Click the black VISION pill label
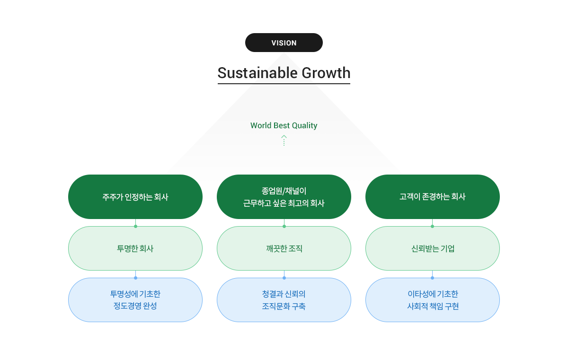click(284, 43)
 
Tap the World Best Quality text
click(284, 125)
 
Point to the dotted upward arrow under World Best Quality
click(284, 140)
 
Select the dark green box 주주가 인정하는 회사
click(135, 197)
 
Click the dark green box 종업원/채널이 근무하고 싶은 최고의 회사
click(284, 197)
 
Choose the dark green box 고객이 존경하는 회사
click(432, 197)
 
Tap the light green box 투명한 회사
click(135, 248)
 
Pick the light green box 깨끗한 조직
click(284, 248)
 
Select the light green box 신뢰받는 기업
click(432, 248)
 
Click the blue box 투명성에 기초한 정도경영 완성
click(135, 300)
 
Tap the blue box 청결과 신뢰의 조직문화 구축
click(284, 300)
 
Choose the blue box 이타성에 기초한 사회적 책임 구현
click(432, 300)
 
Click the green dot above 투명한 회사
click(135, 226)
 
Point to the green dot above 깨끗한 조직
click(284, 226)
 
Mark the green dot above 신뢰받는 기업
click(432, 226)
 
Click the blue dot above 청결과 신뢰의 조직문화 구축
click(284, 278)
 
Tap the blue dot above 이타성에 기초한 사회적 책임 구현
click(432, 278)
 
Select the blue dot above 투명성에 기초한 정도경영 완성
click(135, 278)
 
